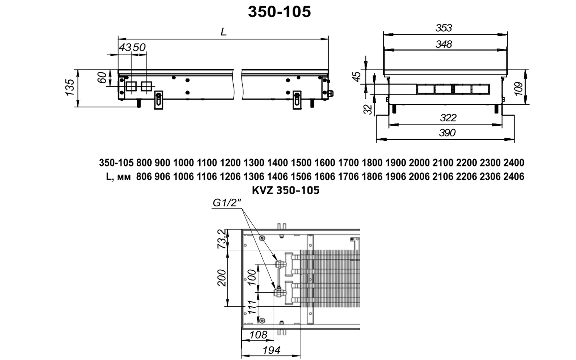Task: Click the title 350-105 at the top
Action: (279, 12)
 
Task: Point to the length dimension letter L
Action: (224, 32)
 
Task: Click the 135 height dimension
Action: (70, 88)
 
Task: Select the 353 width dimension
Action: (444, 28)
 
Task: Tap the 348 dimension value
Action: (444, 44)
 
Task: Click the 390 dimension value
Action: (447, 133)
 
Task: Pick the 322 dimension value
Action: (448, 118)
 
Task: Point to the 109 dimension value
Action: (519, 89)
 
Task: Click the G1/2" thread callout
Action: (226, 203)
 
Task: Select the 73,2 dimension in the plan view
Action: (222, 239)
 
